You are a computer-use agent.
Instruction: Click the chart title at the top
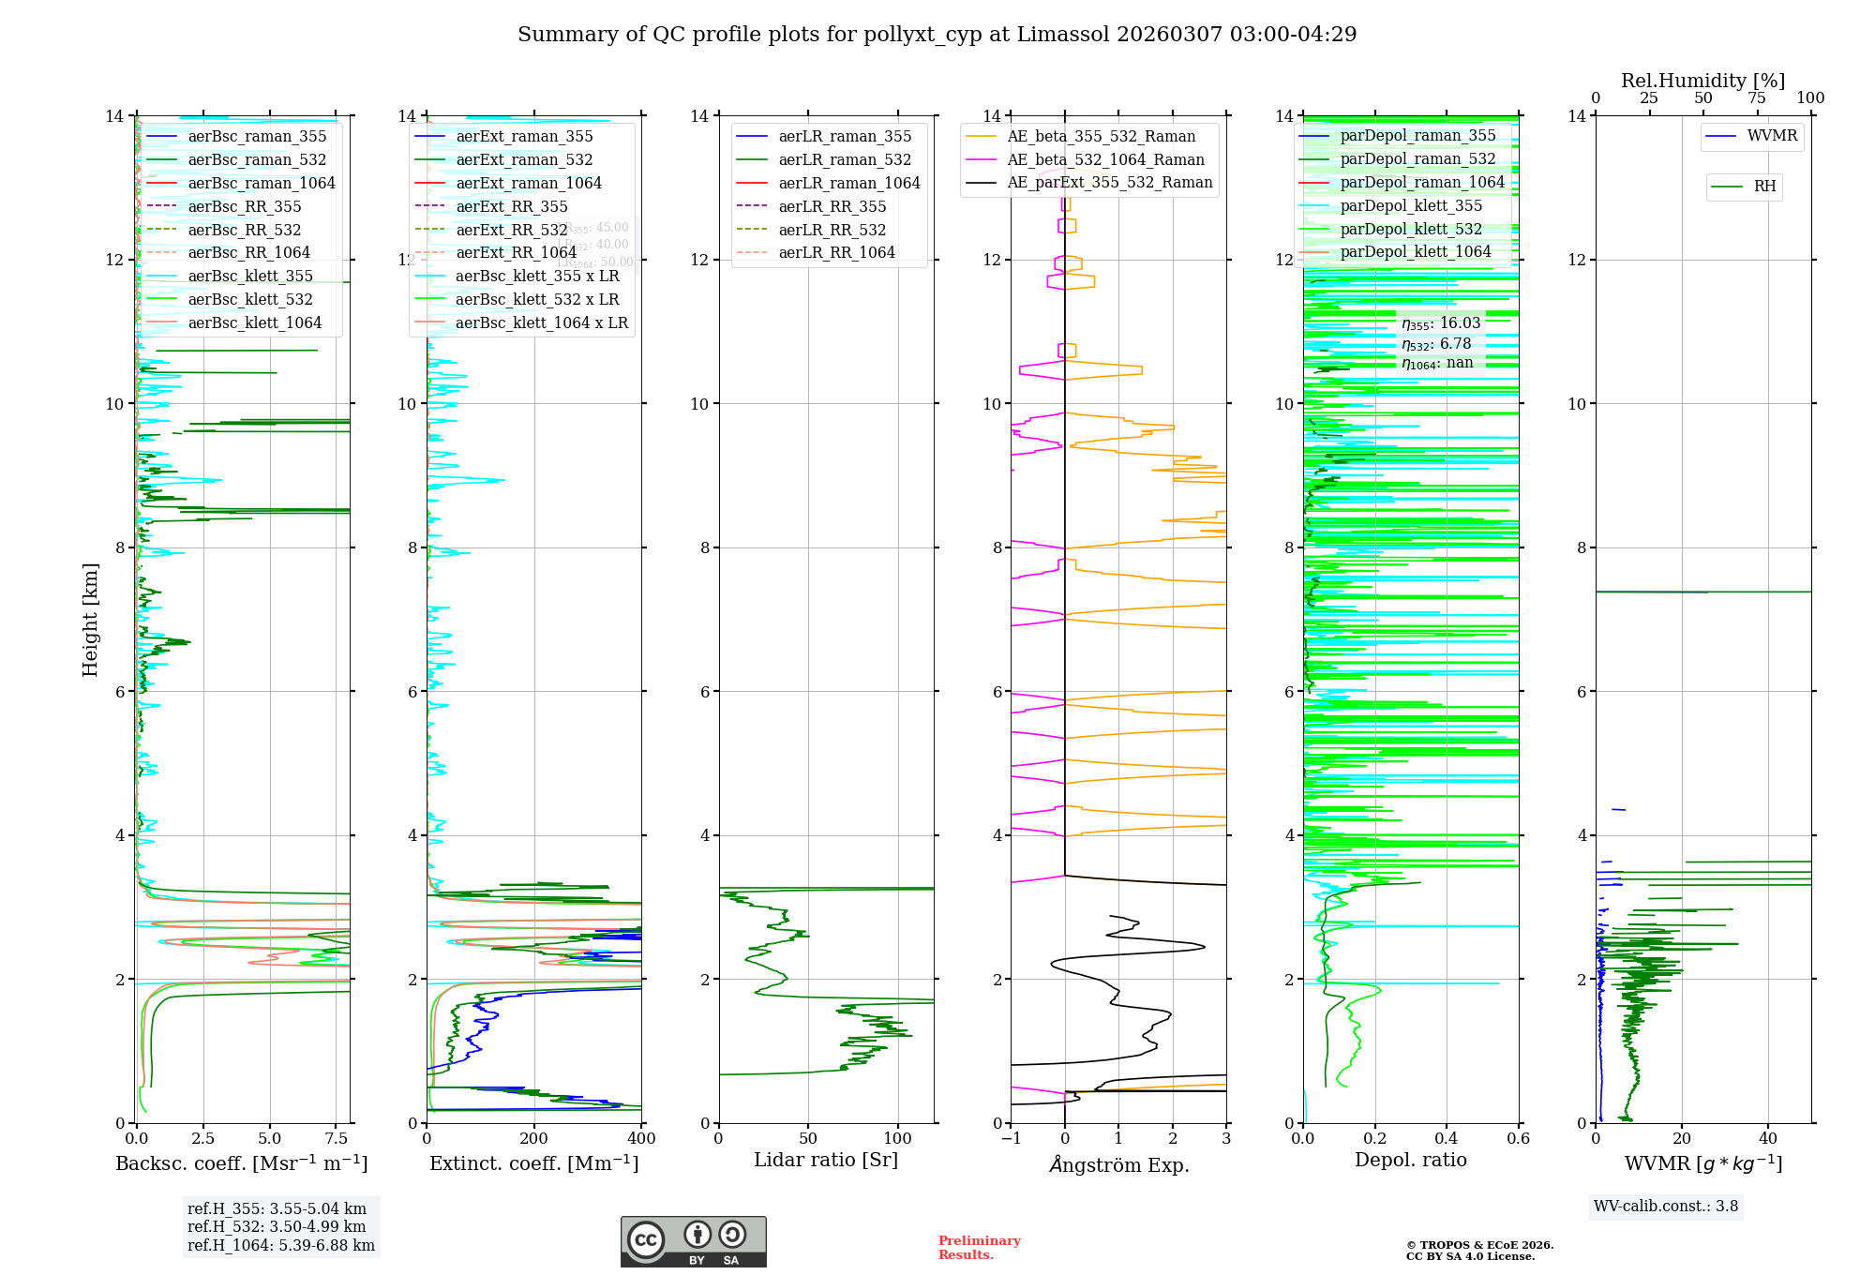tap(937, 35)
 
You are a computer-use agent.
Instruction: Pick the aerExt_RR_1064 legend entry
tap(516, 253)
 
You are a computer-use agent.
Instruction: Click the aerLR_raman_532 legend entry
tap(845, 160)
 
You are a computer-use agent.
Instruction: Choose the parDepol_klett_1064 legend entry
tap(1415, 252)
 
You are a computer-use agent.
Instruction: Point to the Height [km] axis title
tap(90, 619)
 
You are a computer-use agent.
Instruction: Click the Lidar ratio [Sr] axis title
tap(825, 1161)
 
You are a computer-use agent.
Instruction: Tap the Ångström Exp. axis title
tap(1118, 1165)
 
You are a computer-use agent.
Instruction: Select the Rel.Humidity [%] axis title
tap(1702, 81)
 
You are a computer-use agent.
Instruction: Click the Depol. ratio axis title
tap(1410, 1161)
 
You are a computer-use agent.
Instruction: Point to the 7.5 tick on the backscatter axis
tap(337, 1139)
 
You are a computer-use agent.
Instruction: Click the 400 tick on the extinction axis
tap(642, 1139)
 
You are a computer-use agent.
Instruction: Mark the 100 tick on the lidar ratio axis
tap(898, 1139)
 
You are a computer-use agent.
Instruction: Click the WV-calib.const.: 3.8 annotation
tap(1665, 1207)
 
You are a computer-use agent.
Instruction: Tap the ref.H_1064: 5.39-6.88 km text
tap(280, 1246)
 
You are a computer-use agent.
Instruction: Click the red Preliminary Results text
tap(979, 1248)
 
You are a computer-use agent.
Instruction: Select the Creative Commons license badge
tap(693, 1241)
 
